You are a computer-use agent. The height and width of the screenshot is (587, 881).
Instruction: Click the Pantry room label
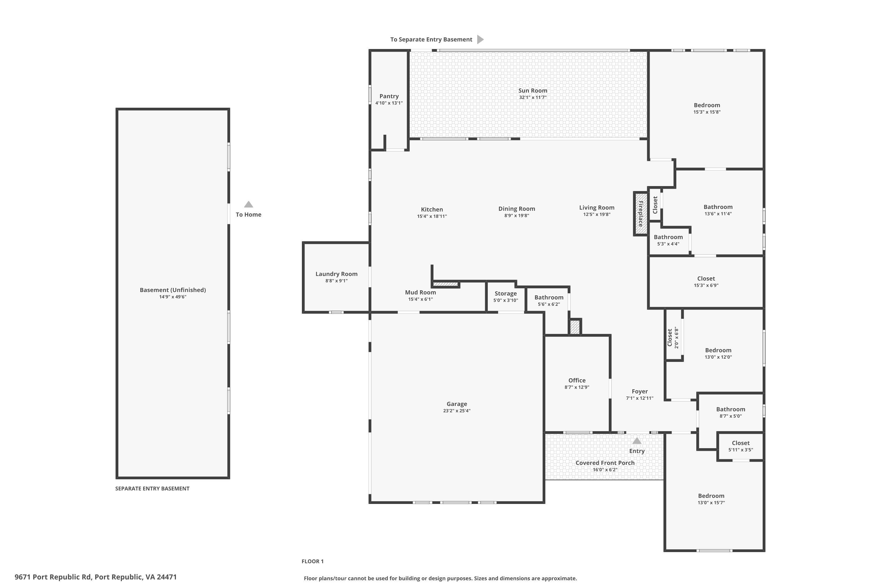pyautogui.click(x=389, y=96)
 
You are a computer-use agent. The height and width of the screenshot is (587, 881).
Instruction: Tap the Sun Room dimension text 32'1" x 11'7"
pyautogui.click(x=533, y=97)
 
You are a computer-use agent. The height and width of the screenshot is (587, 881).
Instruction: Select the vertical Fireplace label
pyautogui.click(x=640, y=214)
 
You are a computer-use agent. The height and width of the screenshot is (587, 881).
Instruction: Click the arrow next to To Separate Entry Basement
pyautogui.click(x=480, y=39)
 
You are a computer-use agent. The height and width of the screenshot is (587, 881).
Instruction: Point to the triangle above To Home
pyautogui.click(x=248, y=204)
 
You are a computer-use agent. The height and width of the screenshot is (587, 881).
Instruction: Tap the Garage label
pyautogui.click(x=457, y=404)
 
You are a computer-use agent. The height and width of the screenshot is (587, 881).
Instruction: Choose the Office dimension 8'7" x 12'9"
pyautogui.click(x=577, y=387)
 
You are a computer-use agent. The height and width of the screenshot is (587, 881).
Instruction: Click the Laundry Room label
pyautogui.click(x=336, y=274)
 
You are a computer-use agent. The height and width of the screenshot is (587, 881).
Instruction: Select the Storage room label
pyautogui.click(x=506, y=293)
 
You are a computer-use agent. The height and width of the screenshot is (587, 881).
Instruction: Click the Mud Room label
pyautogui.click(x=420, y=292)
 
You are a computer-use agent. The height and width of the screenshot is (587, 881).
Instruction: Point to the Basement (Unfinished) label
pyautogui.click(x=173, y=290)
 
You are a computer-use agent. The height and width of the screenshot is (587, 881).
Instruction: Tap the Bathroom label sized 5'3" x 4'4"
pyautogui.click(x=668, y=237)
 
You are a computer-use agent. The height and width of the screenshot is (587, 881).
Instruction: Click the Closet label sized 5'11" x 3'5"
pyautogui.click(x=741, y=443)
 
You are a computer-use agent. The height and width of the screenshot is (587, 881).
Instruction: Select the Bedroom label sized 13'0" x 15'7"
pyautogui.click(x=711, y=496)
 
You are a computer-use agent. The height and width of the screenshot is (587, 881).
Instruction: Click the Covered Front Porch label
pyautogui.click(x=605, y=463)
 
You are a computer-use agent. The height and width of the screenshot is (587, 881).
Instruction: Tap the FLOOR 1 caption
pyautogui.click(x=312, y=561)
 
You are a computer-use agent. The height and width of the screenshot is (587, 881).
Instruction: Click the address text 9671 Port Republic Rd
pyautogui.click(x=53, y=577)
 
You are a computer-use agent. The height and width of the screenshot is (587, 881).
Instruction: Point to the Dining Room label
pyautogui.click(x=517, y=209)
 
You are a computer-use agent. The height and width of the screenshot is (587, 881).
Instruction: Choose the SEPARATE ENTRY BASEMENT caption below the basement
pyautogui.click(x=152, y=489)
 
